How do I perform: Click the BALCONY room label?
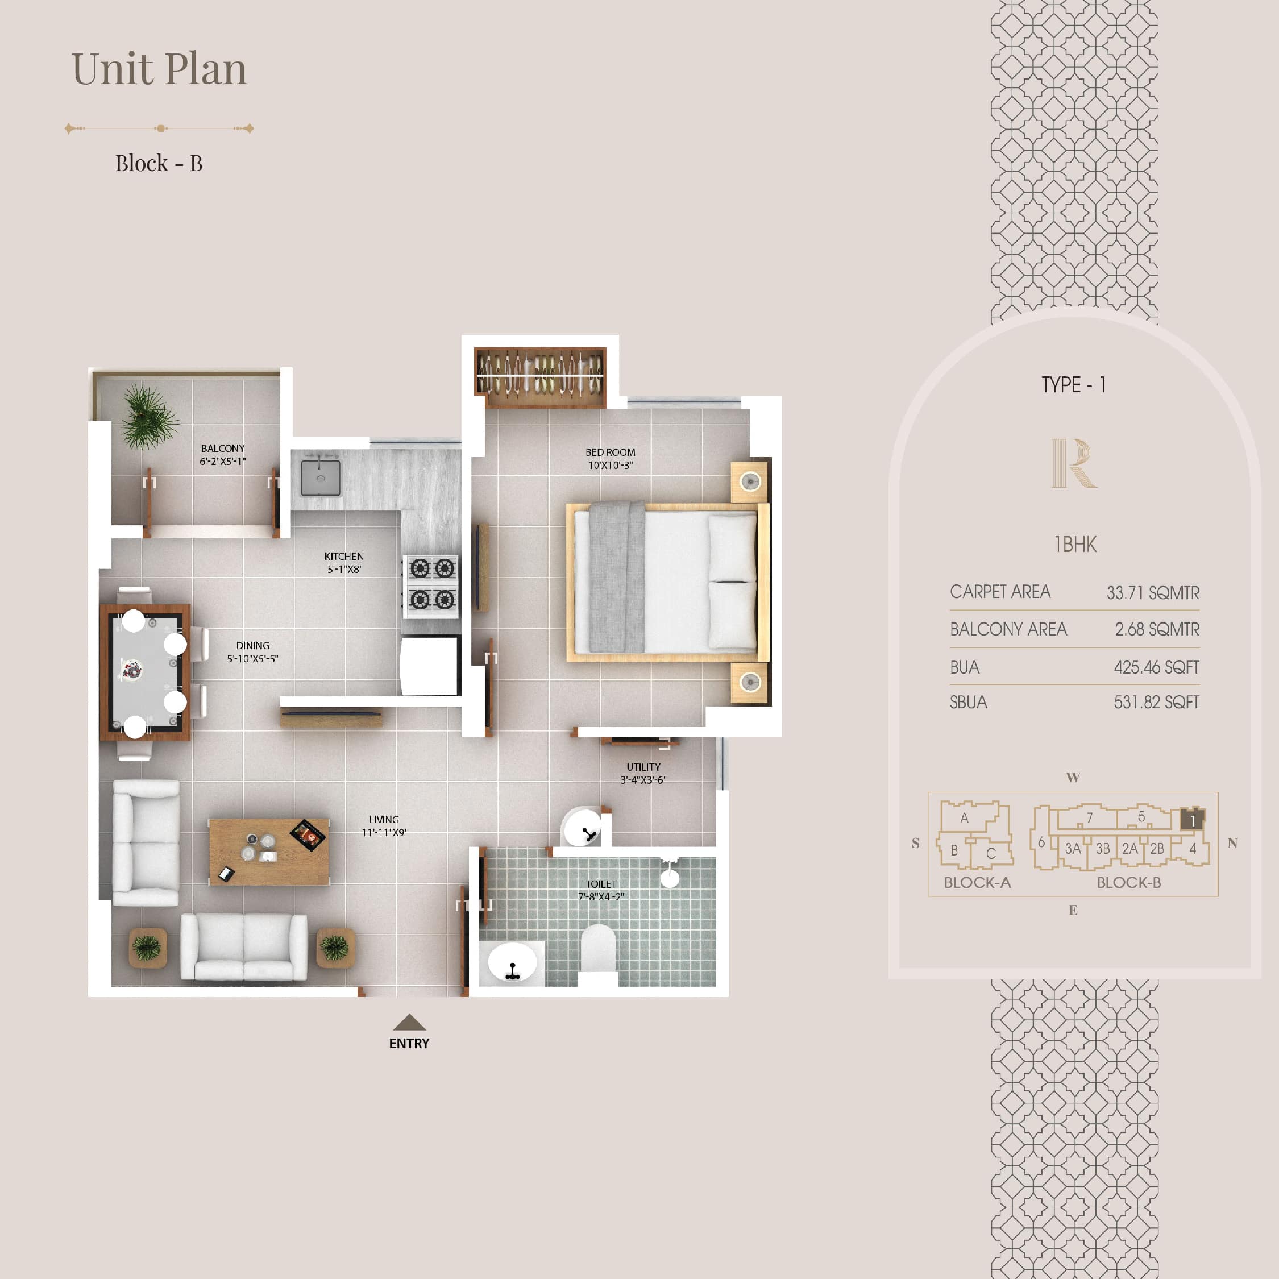click(x=223, y=448)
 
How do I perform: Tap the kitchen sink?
click(x=321, y=477)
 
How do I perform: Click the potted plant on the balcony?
click(x=148, y=417)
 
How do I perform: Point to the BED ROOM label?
click(x=611, y=452)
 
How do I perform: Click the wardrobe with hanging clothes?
click(x=540, y=377)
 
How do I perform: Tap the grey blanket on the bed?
click(x=617, y=576)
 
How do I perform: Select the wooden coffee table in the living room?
click(x=269, y=852)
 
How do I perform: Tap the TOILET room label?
click(x=601, y=884)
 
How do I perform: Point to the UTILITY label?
click(x=643, y=767)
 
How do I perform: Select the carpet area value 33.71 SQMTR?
click(x=1153, y=592)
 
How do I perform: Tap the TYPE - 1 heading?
click(x=1073, y=385)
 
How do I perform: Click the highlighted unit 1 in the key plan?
click(x=1192, y=820)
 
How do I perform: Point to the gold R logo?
click(x=1074, y=463)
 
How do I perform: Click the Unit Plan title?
click(x=159, y=68)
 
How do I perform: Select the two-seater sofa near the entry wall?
click(x=244, y=946)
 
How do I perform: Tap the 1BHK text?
click(x=1075, y=544)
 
